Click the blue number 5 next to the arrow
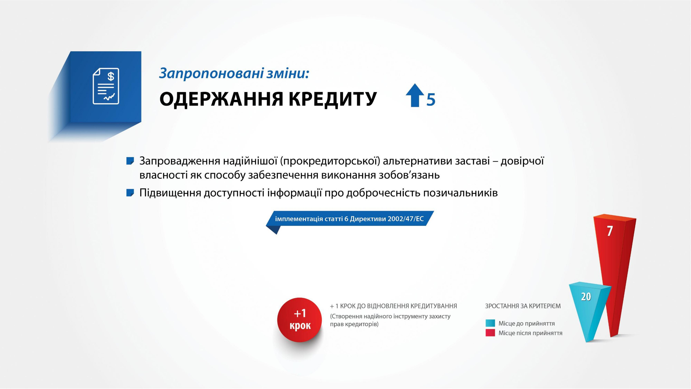coord(431,100)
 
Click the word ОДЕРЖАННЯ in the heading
coord(221,99)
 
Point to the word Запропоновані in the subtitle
coord(211,73)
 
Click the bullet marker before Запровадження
coord(130,161)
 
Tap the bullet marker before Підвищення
coord(130,193)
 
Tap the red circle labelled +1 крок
coord(300,320)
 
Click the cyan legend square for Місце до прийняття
coord(490,323)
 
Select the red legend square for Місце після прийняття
coord(490,333)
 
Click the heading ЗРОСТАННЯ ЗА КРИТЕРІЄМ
coord(523,306)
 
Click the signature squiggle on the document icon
coord(110,97)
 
